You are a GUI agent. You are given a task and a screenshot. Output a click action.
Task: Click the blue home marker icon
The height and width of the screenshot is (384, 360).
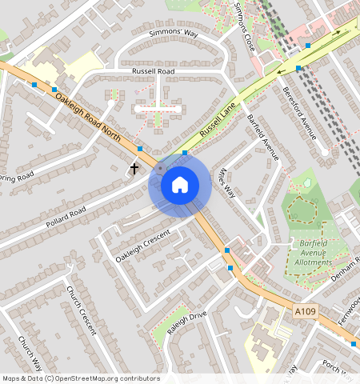click(x=180, y=185)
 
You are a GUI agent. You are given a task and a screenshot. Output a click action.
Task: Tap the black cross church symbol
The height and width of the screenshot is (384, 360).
click(x=134, y=168)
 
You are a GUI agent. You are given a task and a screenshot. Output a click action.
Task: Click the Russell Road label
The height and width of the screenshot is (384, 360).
click(x=153, y=71)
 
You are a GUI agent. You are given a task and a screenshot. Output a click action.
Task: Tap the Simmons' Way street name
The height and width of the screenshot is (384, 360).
click(x=173, y=34)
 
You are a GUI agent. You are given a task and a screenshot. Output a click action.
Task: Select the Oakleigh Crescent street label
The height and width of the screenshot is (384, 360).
click(x=143, y=246)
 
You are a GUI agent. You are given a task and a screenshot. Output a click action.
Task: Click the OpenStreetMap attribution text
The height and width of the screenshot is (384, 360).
click(x=81, y=378)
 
